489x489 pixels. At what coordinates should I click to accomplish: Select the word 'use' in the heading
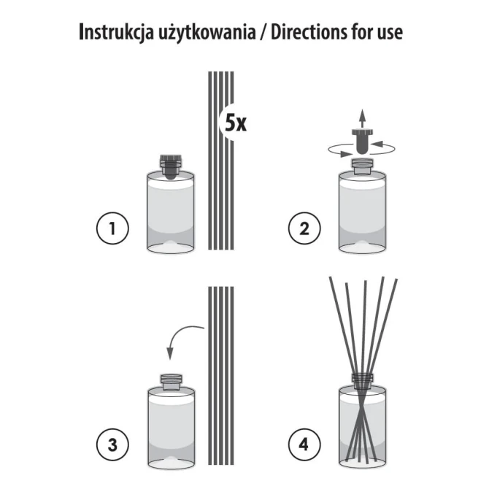pyautogui.click(x=388, y=34)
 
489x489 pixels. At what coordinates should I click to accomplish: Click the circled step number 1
pyautogui.click(x=112, y=230)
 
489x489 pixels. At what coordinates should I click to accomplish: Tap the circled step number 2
pyautogui.click(x=302, y=230)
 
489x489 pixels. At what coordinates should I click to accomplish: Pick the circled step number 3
pyautogui.click(x=112, y=443)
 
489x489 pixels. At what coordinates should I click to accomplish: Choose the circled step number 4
pyautogui.click(x=302, y=443)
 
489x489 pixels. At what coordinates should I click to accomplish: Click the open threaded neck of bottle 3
pyautogui.click(x=171, y=380)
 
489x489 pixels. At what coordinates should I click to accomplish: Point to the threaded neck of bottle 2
pyautogui.click(x=363, y=164)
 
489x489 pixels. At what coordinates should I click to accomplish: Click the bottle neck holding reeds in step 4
pyautogui.click(x=363, y=380)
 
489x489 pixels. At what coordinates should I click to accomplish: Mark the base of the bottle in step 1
pyautogui.click(x=171, y=247)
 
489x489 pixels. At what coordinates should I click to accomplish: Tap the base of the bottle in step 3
pyautogui.click(x=171, y=461)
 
